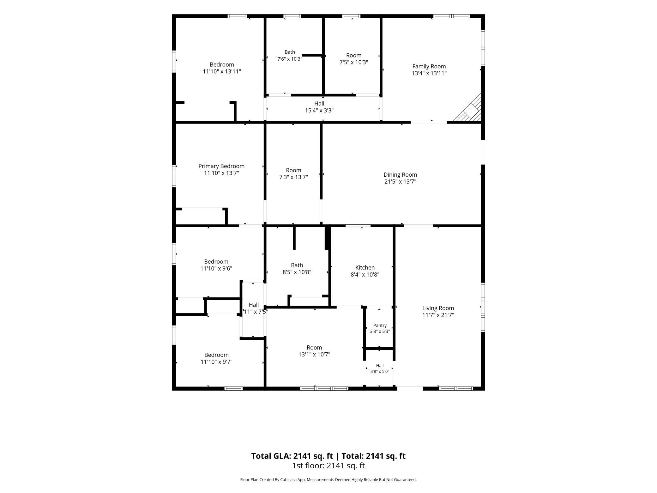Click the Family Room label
click(429, 66)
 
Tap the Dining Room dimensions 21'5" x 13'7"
click(400, 182)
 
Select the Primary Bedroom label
click(221, 166)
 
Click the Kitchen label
click(365, 268)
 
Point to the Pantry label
click(380, 326)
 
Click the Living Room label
click(438, 308)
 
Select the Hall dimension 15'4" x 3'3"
click(319, 111)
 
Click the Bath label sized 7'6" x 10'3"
click(290, 52)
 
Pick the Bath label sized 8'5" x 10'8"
click(297, 265)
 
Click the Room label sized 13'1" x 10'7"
click(314, 348)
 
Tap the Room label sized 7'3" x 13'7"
click(293, 170)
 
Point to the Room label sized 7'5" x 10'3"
click(353, 56)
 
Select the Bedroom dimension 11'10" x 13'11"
click(222, 72)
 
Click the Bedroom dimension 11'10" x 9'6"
click(216, 269)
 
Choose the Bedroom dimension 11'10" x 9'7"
click(216, 362)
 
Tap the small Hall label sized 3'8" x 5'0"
click(380, 366)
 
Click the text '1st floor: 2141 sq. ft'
click(328, 466)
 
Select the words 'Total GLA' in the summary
click(271, 456)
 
